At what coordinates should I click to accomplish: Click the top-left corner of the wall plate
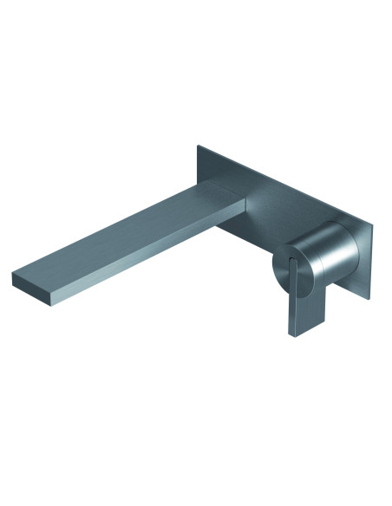tap(199, 145)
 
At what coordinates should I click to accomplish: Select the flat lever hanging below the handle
tap(303, 303)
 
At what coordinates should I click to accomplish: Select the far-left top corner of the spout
tap(13, 276)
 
